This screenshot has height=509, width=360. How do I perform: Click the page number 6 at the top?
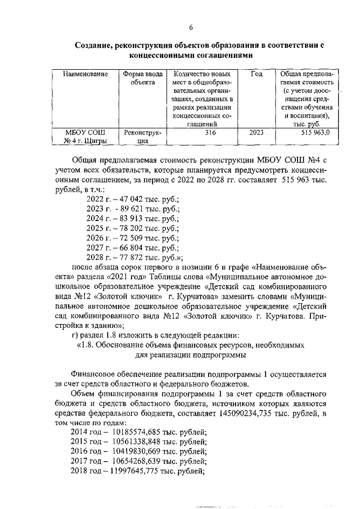(x=191, y=28)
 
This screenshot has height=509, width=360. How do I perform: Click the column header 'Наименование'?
(x=85, y=74)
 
